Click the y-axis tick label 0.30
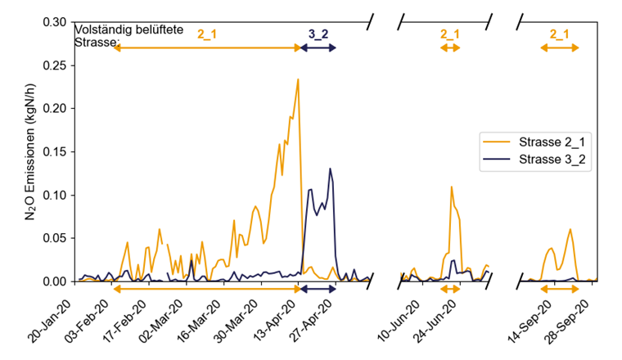(59, 21)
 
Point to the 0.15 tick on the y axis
(59, 151)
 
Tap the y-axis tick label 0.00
(59, 281)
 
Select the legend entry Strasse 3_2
(552, 159)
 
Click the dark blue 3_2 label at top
(318, 34)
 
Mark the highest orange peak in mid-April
(298, 79)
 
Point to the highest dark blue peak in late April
(330, 169)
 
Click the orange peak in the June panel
(451, 187)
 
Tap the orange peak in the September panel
(570, 229)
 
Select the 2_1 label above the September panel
(559, 34)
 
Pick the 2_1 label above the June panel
(450, 34)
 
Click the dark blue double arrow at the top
(318, 48)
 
